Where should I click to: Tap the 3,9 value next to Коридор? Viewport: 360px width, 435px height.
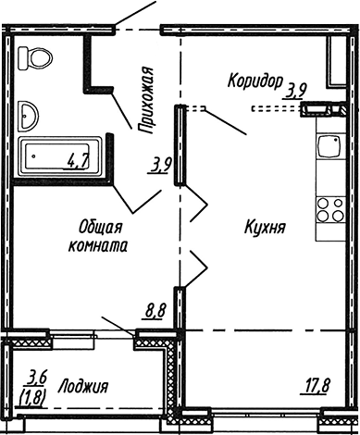click(296, 90)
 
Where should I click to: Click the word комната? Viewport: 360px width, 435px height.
click(98, 246)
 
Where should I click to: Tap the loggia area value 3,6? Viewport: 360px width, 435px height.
click(37, 377)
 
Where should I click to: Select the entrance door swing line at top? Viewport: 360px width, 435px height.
click(133, 16)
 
